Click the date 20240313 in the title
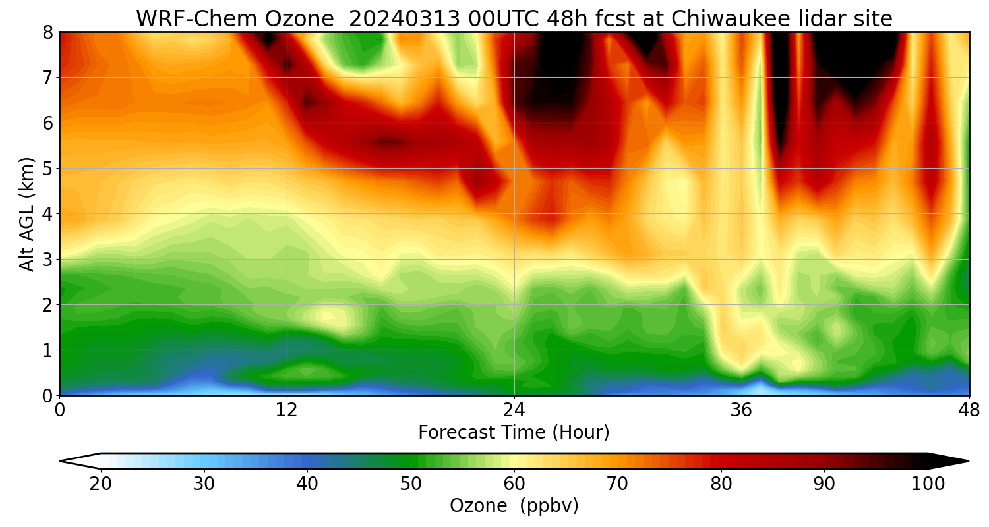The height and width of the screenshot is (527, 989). [x=402, y=20]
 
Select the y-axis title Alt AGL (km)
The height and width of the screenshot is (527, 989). [x=27, y=214]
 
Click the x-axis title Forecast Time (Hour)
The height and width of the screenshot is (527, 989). [x=514, y=433]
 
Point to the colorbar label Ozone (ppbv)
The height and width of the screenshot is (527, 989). [x=514, y=506]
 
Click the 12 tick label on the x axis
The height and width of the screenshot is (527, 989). [x=287, y=410]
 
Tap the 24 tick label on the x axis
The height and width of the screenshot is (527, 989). [x=514, y=410]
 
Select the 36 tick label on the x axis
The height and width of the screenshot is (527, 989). [x=741, y=410]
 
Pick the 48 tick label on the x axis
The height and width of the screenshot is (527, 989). [x=969, y=410]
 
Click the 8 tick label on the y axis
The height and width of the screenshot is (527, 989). [x=48, y=32]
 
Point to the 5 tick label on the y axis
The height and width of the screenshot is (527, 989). [x=48, y=169]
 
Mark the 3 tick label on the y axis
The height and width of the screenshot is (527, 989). [x=48, y=260]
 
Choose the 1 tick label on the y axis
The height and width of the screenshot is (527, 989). [x=48, y=350]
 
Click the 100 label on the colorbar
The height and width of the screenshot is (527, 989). [x=928, y=484]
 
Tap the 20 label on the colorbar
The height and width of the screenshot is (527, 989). [x=101, y=484]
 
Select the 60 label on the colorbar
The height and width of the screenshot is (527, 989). [x=514, y=484]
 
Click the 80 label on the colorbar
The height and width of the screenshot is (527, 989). [x=721, y=484]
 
